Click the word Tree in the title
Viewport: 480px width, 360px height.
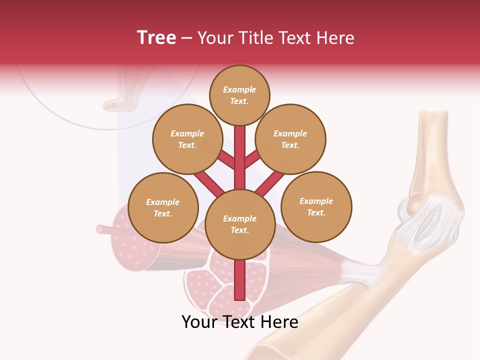[x=156, y=37]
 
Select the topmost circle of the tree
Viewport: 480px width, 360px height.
[x=239, y=95]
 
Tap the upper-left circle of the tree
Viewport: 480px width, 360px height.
[x=187, y=139]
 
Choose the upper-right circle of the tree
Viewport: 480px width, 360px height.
[x=290, y=139]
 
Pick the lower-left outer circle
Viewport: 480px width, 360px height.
[x=163, y=207]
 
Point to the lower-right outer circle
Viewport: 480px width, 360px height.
[x=316, y=206]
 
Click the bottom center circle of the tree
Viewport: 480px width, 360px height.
[x=240, y=224]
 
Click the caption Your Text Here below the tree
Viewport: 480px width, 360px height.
[x=240, y=322]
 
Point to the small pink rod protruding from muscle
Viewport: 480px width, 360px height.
[x=105, y=229]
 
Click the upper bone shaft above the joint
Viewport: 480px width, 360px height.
[x=432, y=150]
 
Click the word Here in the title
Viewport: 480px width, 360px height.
[x=337, y=37]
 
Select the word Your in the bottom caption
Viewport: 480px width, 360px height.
[x=199, y=322]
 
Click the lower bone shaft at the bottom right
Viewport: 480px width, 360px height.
[x=320, y=325]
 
